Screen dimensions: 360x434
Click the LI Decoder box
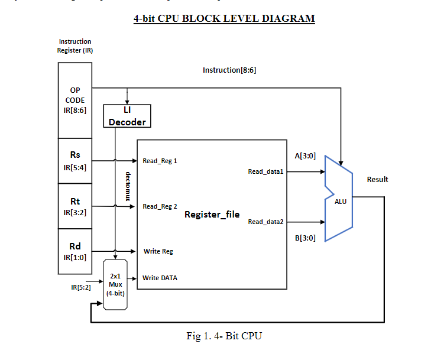point(127,116)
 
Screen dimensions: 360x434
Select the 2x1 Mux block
point(115,284)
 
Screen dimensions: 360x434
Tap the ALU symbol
point(339,201)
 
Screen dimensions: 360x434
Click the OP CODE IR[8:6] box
point(75,100)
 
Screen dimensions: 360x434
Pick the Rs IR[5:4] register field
point(75,161)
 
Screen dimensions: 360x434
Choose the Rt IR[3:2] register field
point(75,206)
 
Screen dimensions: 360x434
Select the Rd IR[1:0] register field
point(75,251)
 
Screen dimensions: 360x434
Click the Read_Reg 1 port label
point(160,161)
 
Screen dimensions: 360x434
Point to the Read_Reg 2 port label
point(160,206)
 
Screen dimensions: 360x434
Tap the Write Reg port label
point(158,251)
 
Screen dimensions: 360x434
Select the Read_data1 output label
point(266,171)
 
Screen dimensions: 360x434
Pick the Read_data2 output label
point(266,222)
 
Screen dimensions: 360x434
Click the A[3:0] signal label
point(305,156)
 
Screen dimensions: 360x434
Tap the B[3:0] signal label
point(305,238)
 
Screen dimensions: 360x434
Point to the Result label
point(377,179)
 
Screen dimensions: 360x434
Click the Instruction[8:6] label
point(229,70)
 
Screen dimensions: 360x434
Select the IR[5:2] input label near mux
point(80,287)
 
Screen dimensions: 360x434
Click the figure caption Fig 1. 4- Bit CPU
point(224,336)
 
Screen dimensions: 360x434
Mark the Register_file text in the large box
point(212,215)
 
